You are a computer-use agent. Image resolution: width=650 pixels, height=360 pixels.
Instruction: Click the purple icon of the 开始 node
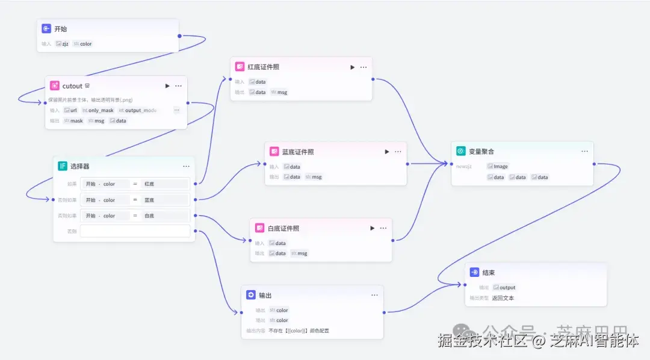(46, 28)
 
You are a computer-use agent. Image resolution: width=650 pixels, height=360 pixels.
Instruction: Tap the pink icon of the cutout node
(55, 86)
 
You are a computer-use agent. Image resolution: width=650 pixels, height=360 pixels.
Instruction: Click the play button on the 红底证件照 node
(353, 67)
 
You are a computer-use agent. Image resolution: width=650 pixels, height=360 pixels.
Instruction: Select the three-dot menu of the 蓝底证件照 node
(398, 152)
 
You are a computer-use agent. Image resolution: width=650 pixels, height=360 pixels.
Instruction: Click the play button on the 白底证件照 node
(373, 228)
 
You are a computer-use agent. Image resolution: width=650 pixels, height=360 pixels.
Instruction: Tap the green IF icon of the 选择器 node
(63, 166)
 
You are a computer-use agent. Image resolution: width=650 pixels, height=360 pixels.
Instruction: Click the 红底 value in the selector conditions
(149, 184)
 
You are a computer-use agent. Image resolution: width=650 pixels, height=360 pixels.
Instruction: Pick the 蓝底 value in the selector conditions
(149, 200)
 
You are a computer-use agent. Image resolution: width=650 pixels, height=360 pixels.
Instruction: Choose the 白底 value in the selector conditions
(149, 216)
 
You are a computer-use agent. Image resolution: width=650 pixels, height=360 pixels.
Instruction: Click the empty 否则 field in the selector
(135, 231)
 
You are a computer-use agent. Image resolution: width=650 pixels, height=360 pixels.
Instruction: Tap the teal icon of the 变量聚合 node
(461, 151)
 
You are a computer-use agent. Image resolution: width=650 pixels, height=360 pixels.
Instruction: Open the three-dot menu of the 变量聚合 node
(584, 151)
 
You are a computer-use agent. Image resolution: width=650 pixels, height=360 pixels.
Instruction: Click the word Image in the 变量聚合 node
(501, 166)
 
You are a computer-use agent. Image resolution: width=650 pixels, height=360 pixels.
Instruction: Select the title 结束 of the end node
(489, 273)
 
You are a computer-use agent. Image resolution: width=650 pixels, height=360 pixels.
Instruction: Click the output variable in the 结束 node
(507, 288)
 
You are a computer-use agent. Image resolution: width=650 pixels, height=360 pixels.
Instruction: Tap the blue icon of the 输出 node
(251, 295)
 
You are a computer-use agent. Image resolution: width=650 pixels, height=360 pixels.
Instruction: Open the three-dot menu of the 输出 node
(374, 295)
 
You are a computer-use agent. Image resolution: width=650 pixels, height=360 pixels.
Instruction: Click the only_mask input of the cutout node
(101, 111)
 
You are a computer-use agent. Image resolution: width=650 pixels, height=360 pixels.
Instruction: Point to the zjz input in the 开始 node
(65, 44)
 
